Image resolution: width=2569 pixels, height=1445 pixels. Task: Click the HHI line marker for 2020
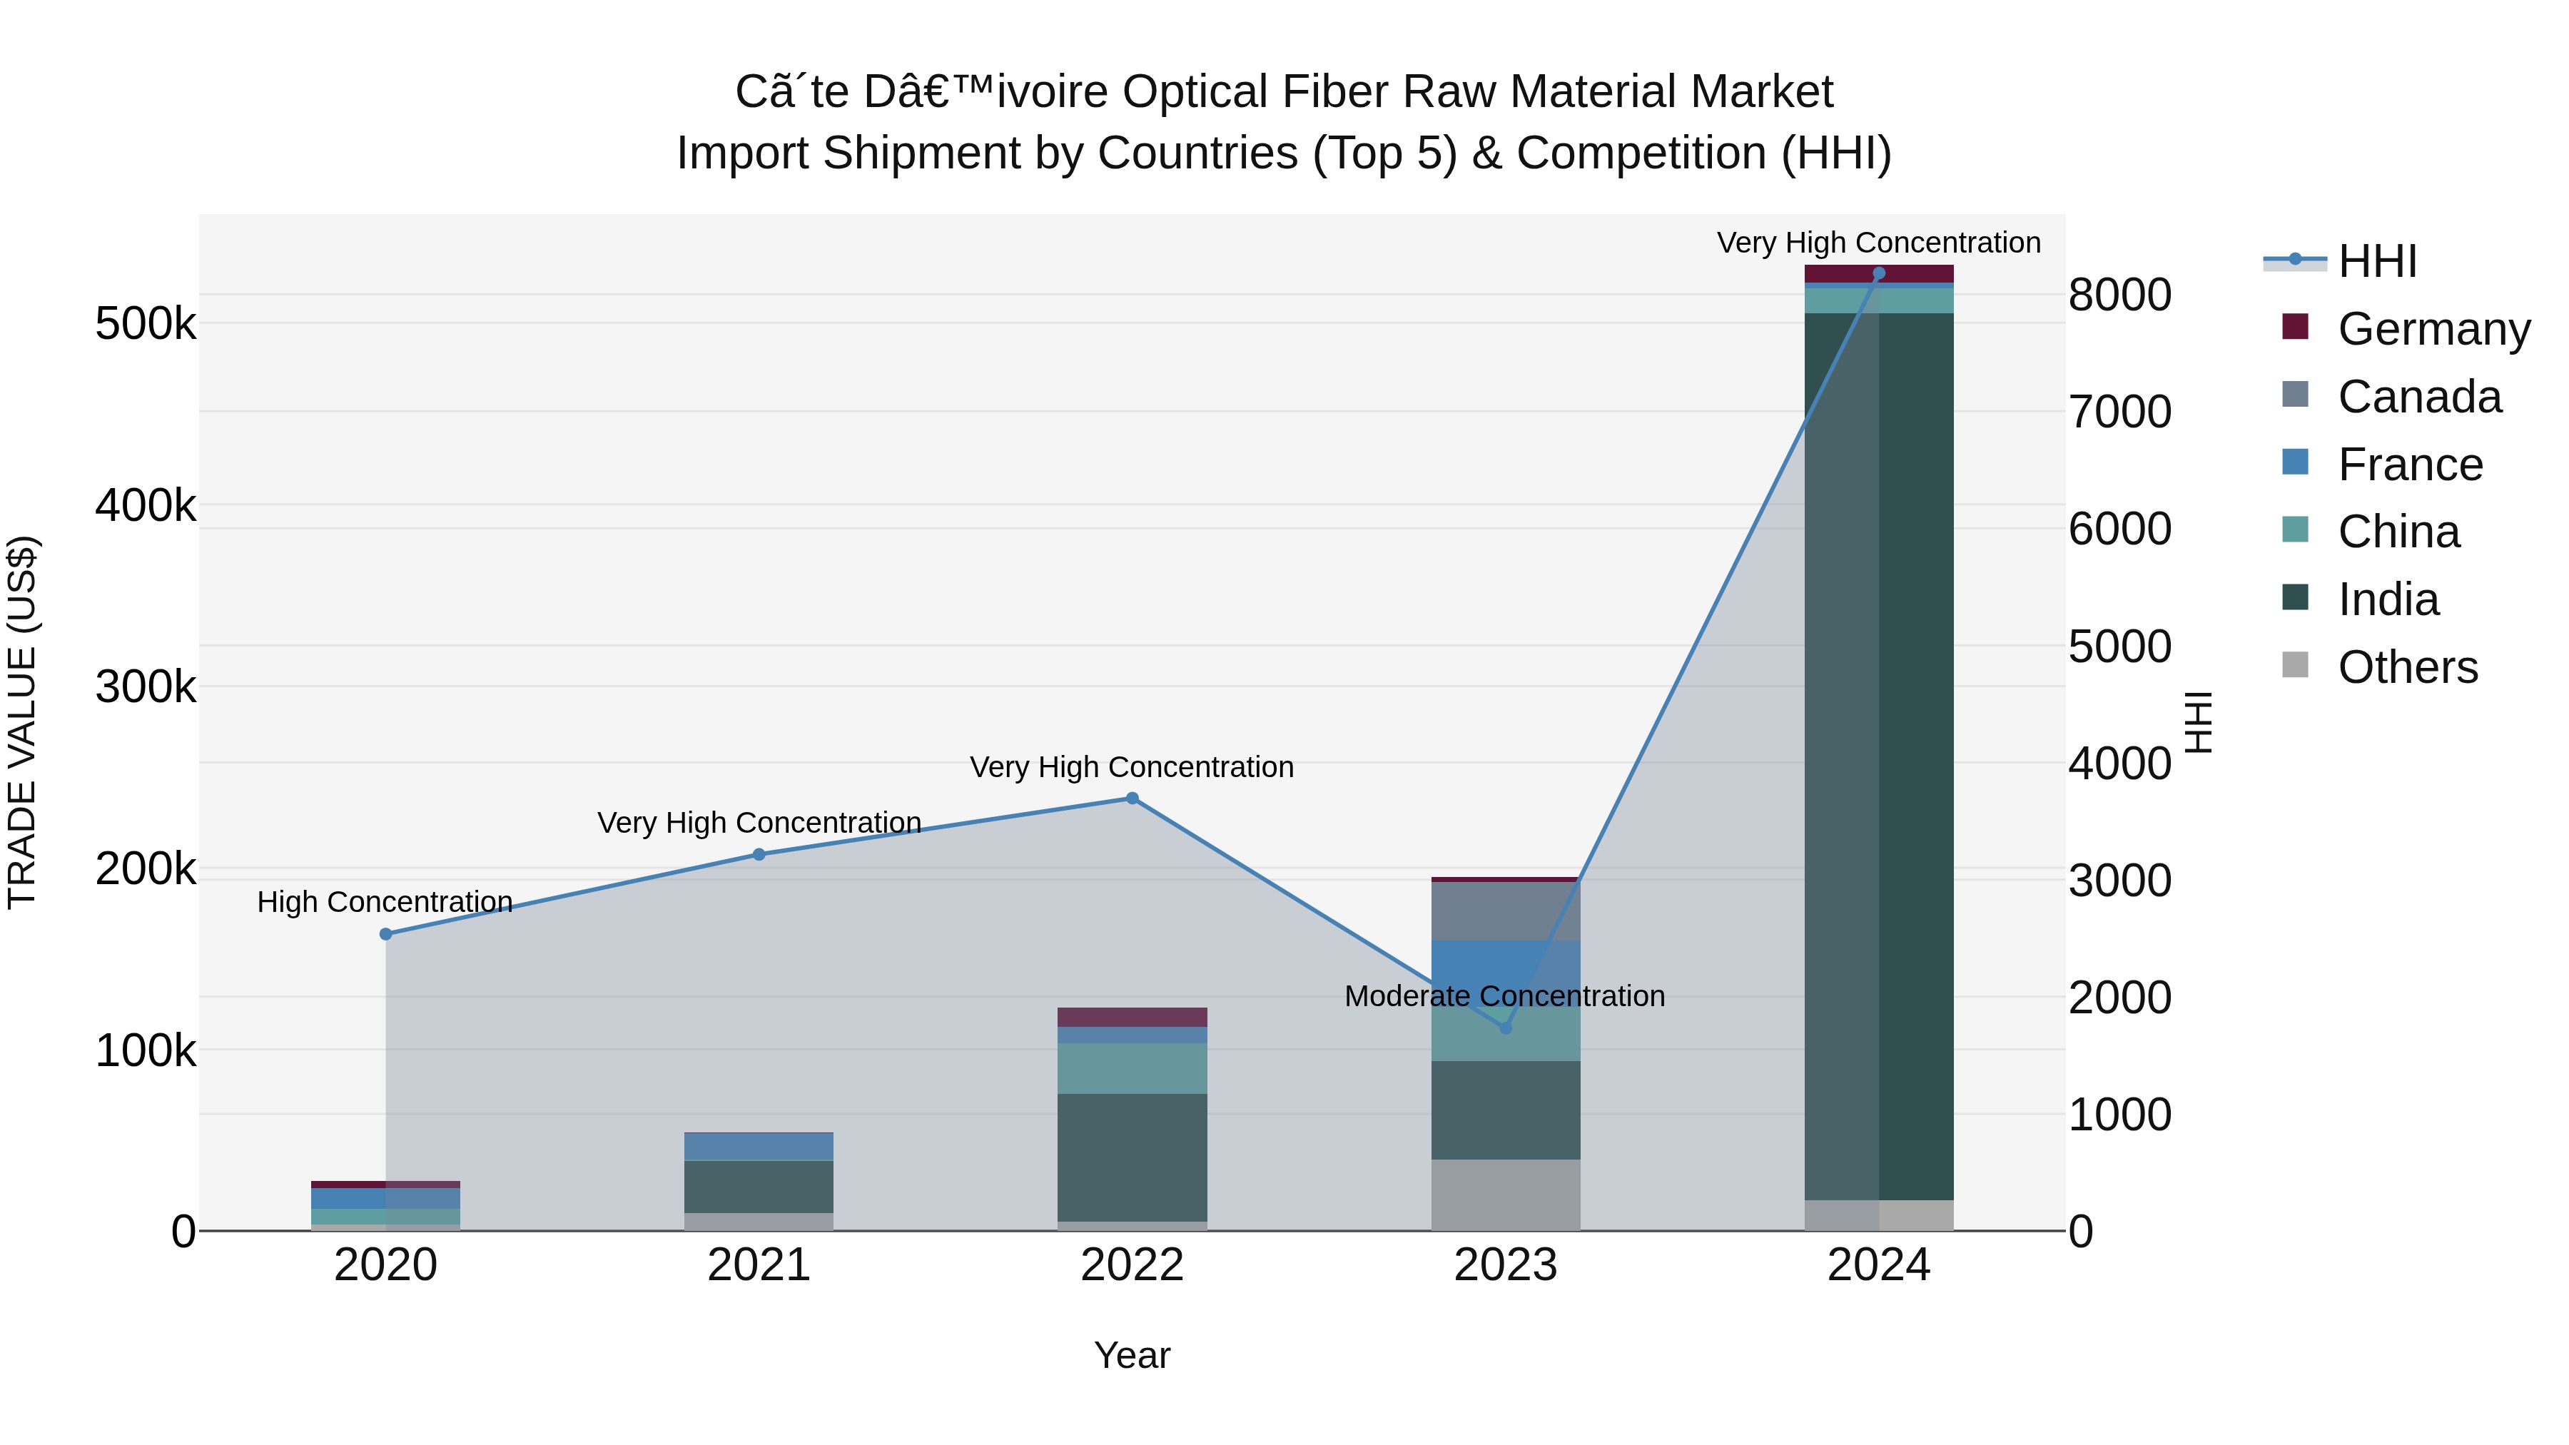point(386,934)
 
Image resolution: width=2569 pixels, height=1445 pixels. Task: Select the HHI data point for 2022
point(1132,798)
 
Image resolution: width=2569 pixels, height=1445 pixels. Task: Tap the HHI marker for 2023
point(1506,1027)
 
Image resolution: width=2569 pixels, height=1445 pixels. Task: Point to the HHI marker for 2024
point(1879,273)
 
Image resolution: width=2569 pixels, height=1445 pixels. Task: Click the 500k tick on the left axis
point(146,324)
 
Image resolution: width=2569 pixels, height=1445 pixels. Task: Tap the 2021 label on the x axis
point(759,1265)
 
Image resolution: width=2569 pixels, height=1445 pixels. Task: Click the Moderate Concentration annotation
point(1504,996)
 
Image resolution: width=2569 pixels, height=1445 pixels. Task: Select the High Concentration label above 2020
point(385,901)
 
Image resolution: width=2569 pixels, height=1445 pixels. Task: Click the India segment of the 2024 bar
point(1879,758)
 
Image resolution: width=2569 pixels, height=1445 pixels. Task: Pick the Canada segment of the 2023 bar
point(1506,911)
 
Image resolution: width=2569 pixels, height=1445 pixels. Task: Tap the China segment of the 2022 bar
point(1132,1068)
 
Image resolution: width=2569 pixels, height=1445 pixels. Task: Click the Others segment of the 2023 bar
point(1506,1195)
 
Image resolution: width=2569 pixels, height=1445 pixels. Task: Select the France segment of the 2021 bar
point(759,1147)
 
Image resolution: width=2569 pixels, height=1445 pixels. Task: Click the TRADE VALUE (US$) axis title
point(22,722)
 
